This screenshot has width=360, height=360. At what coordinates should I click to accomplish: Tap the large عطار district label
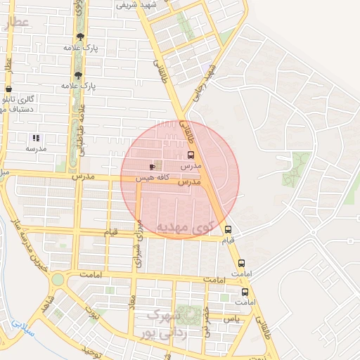coord(15,23)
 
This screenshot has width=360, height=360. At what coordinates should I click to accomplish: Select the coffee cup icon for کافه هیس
coord(153,167)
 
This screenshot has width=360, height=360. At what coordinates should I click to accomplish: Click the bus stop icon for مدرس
coord(191,155)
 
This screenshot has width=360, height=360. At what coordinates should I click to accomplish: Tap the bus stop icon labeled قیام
coord(228,229)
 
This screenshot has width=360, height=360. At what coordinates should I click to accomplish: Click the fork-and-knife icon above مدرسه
coord(36,138)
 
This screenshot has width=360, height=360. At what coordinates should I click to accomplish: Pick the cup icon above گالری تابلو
coord(8,89)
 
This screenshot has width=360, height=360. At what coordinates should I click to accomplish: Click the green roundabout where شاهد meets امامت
coord(57,279)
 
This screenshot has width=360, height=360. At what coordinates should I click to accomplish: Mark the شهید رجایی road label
coord(207,82)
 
